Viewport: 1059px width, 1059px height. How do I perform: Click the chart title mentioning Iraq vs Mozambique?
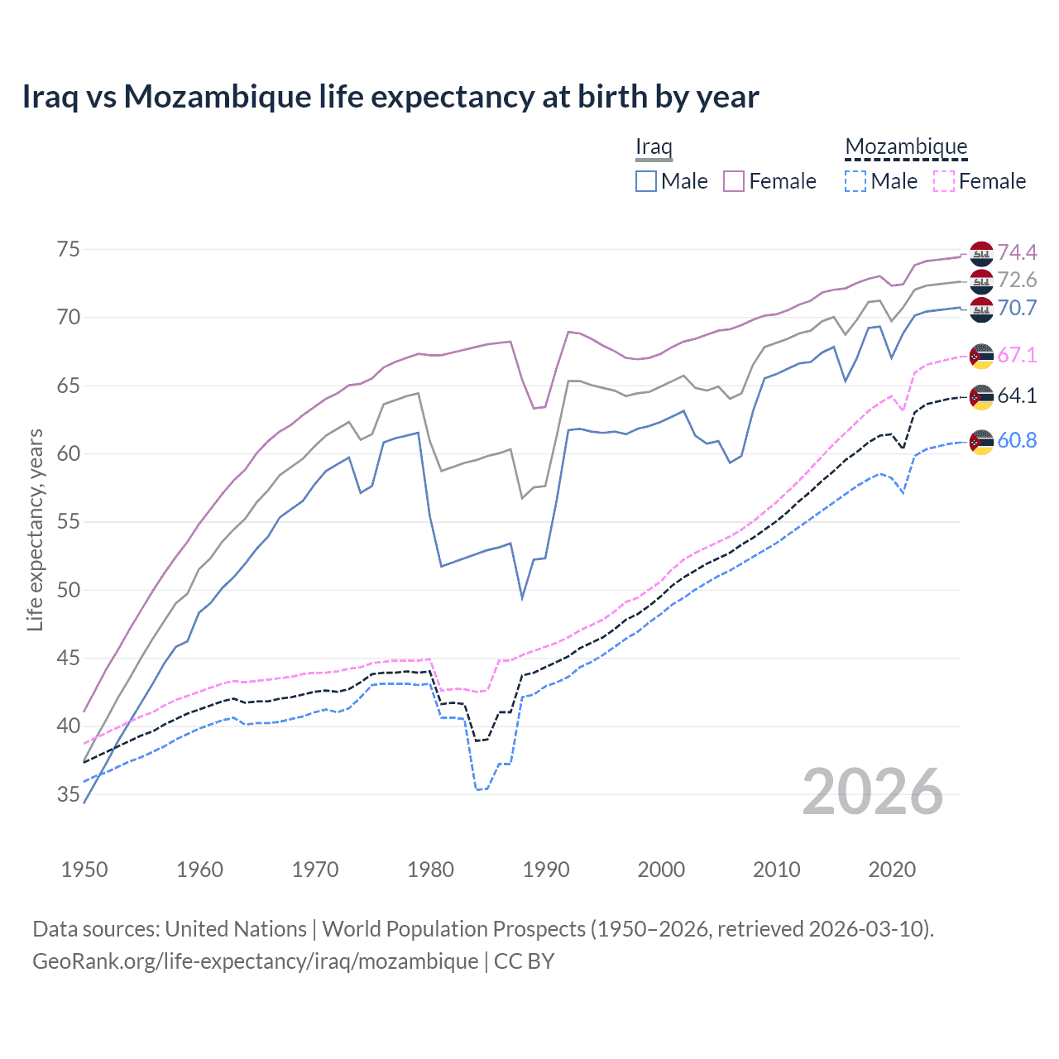point(390,97)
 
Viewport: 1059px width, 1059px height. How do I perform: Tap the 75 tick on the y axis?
point(69,250)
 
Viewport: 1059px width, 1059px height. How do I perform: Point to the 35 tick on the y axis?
point(69,795)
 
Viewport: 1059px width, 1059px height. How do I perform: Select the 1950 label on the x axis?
point(84,870)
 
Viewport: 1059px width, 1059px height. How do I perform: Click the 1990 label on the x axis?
point(546,870)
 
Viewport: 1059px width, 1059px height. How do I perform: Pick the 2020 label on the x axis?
point(892,870)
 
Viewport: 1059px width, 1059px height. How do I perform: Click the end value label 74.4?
point(1017,252)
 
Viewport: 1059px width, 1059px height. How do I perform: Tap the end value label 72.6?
point(1017,280)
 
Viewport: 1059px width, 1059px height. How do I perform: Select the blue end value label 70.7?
point(1017,309)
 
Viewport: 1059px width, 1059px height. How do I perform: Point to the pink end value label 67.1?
point(1017,356)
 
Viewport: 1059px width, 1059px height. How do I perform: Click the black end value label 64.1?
point(1017,396)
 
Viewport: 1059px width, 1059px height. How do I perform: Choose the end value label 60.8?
point(1017,441)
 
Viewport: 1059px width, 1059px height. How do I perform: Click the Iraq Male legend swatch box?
point(646,181)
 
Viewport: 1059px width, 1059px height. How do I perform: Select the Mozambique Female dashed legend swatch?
point(944,181)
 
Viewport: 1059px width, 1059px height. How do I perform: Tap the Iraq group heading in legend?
point(654,147)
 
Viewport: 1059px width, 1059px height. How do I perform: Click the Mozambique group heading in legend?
point(906,147)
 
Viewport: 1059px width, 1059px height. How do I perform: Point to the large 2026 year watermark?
point(873,792)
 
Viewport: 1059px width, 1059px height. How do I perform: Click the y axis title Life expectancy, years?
point(35,529)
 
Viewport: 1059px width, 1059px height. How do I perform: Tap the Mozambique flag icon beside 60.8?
point(981,442)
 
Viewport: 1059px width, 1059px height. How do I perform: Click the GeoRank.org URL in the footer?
point(255,961)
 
